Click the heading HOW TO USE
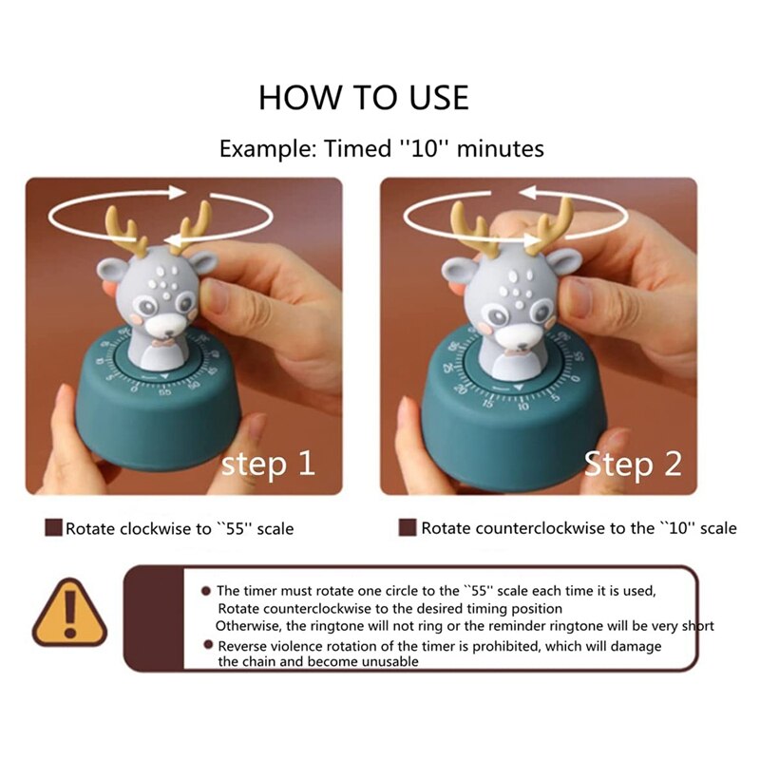coord(364,97)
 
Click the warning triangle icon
coord(69,613)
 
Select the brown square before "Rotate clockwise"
coord(53,527)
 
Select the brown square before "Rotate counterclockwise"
coord(408,527)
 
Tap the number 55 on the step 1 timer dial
coord(165,390)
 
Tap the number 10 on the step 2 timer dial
coord(522,405)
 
